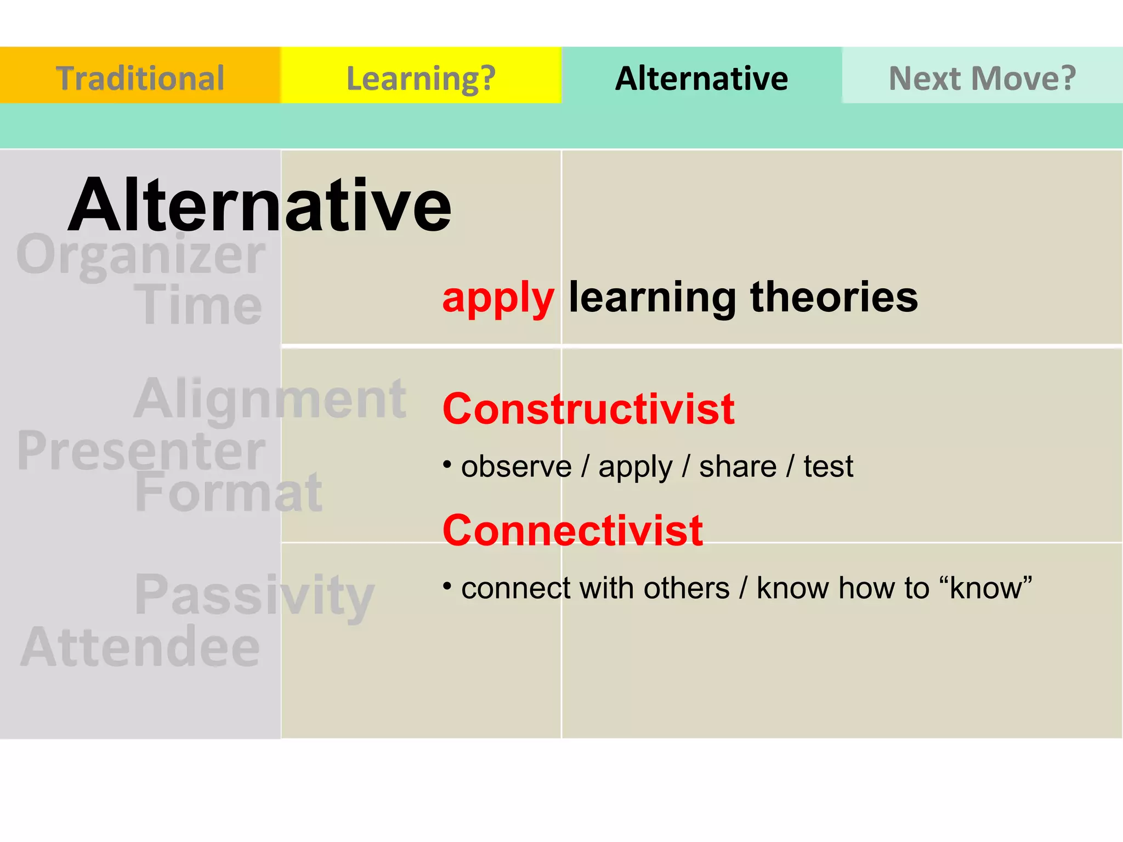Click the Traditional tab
(x=140, y=77)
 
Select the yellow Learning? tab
(x=421, y=77)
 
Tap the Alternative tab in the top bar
(x=701, y=77)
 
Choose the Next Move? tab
(x=982, y=77)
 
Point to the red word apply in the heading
(x=498, y=298)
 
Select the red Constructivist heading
(x=588, y=409)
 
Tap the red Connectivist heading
(x=572, y=530)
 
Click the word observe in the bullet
(x=516, y=466)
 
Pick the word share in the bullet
(x=738, y=466)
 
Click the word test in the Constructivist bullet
(x=828, y=466)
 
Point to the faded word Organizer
(x=141, y=255)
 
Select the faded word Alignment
(x=270, y=399)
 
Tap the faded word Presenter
(x=141, y=451)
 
